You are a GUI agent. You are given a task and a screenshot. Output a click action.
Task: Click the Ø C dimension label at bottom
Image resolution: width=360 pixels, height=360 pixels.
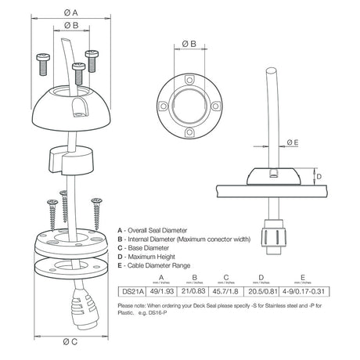pos(70,341)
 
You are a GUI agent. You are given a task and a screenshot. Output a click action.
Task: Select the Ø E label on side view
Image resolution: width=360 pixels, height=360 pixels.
pos(291,142)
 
